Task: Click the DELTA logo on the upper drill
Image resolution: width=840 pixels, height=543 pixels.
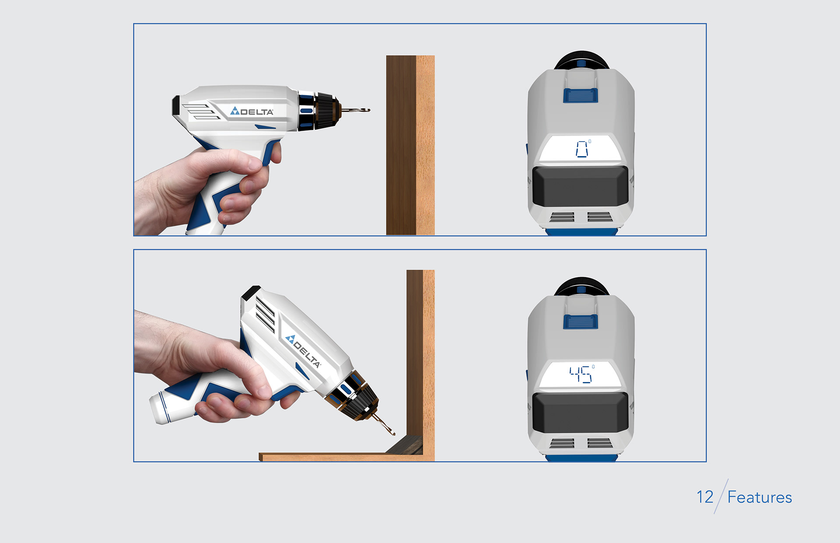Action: [252, 111]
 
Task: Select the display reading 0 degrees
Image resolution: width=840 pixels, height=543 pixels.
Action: [581, 149]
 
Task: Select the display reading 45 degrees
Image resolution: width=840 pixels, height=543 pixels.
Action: [581, 375]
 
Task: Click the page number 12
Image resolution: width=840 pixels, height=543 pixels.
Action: [705, 497]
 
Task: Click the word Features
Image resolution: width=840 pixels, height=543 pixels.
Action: [759, 498]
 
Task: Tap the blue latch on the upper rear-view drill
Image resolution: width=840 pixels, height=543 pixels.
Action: [580, 96]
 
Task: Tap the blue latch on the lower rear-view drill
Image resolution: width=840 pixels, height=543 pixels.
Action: [580, 322]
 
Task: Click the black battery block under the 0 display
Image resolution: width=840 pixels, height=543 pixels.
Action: [580, 186]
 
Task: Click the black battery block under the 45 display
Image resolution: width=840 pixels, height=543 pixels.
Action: [580, 412]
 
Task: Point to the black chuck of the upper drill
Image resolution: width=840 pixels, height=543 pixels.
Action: [324, 111]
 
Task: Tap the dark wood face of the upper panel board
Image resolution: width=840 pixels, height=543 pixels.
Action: [400, 144]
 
